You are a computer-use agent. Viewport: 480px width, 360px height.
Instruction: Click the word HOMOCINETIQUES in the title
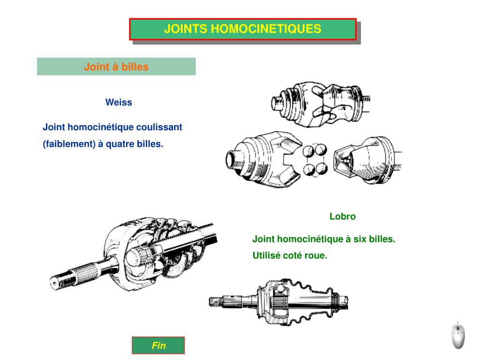pos(266,29)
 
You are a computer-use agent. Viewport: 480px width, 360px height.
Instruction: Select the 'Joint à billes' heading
pos(116,67)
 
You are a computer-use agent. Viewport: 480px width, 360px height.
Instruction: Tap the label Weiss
pos(119,103)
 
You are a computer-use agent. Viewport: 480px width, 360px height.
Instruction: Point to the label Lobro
pos(342,217)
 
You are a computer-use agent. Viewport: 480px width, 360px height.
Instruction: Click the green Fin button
pos(158,346)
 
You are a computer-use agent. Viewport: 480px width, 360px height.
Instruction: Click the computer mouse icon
pos(458,335)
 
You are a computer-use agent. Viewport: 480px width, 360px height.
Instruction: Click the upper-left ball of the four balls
pos(308,151)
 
